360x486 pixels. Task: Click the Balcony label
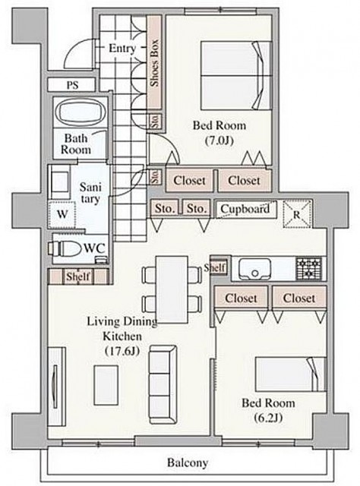pos(188,463)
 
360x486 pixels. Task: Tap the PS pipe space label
pos(73,85)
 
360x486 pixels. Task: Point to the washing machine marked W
pos(62,215)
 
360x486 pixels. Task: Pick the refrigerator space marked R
pos(297,214)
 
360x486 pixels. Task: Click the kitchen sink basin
pos(255,269)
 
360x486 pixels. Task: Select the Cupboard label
pos(245,209)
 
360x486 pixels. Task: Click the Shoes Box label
pos(154,63)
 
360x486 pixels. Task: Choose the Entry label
pos(122,49)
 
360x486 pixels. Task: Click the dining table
pos(172,289)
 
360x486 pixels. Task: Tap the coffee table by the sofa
pos(106,384)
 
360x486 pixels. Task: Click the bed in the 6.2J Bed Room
pos(291,374)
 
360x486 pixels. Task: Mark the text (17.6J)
pos(122,351)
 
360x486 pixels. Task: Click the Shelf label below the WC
pos(78,276)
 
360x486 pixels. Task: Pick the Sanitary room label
pos(90,193)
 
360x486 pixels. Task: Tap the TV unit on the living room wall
pos(56,387)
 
